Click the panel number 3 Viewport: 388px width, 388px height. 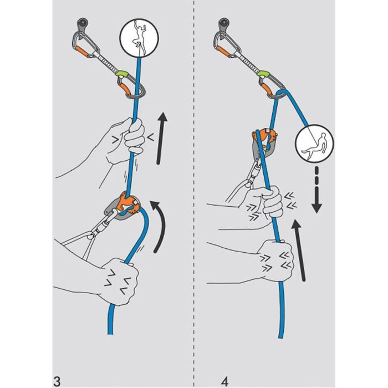point(57,366)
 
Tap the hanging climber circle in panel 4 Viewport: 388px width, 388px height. point(313,146)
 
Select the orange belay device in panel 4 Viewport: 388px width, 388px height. point(263,140)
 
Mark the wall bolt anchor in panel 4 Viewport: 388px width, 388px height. point(223,24)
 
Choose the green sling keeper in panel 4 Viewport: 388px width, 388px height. point(265,73)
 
